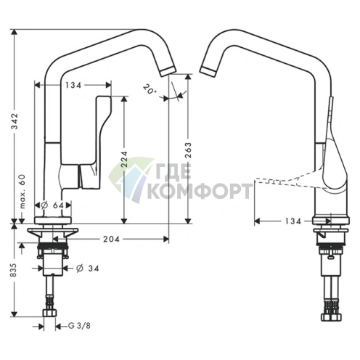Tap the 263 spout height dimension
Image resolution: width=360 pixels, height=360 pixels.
point(188,150)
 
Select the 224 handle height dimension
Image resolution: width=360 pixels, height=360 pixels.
point(124,160)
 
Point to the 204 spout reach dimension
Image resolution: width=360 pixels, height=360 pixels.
point(111,239)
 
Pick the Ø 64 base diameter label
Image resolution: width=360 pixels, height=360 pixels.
point(52,205)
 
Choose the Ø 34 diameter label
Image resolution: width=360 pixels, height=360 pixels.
point(88,269)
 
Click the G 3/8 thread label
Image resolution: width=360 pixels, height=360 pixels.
point(79,326)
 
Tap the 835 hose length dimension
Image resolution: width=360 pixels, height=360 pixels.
point(15,270)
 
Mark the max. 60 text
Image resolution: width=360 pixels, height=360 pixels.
point(22,191)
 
